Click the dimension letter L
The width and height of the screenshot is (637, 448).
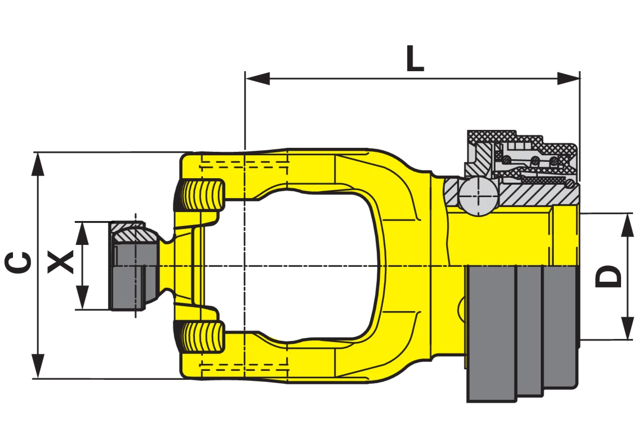point(415,58)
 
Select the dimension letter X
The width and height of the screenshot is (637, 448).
point(60,262)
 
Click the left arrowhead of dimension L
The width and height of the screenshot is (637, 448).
point(257,79)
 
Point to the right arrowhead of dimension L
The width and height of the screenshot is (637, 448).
point(568,79)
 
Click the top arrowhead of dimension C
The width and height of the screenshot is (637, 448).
point(38,165)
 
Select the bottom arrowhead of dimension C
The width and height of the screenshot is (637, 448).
point(38,366)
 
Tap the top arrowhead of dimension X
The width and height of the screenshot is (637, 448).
point(83,233)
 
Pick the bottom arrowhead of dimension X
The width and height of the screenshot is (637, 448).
point(83,298)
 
